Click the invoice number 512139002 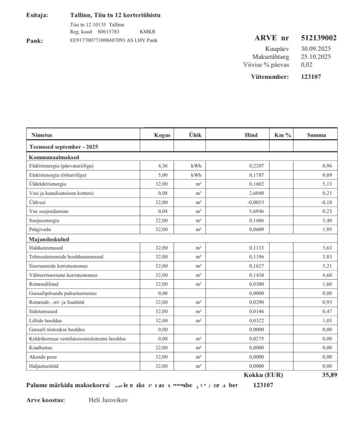[318, 38]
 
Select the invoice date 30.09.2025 [316, 49]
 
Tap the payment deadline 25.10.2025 [316, 56]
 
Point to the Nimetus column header [42, 135]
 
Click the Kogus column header [162, 135]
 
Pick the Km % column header [283, 135]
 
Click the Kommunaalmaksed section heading [52, 157]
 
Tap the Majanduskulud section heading [49, 239]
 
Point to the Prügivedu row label [39, 230]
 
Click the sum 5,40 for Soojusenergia [327, 220]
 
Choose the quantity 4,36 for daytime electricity [162, 166]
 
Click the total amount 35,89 [329, 374]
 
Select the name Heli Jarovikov [108, 400]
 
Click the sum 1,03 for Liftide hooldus [327, 321]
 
